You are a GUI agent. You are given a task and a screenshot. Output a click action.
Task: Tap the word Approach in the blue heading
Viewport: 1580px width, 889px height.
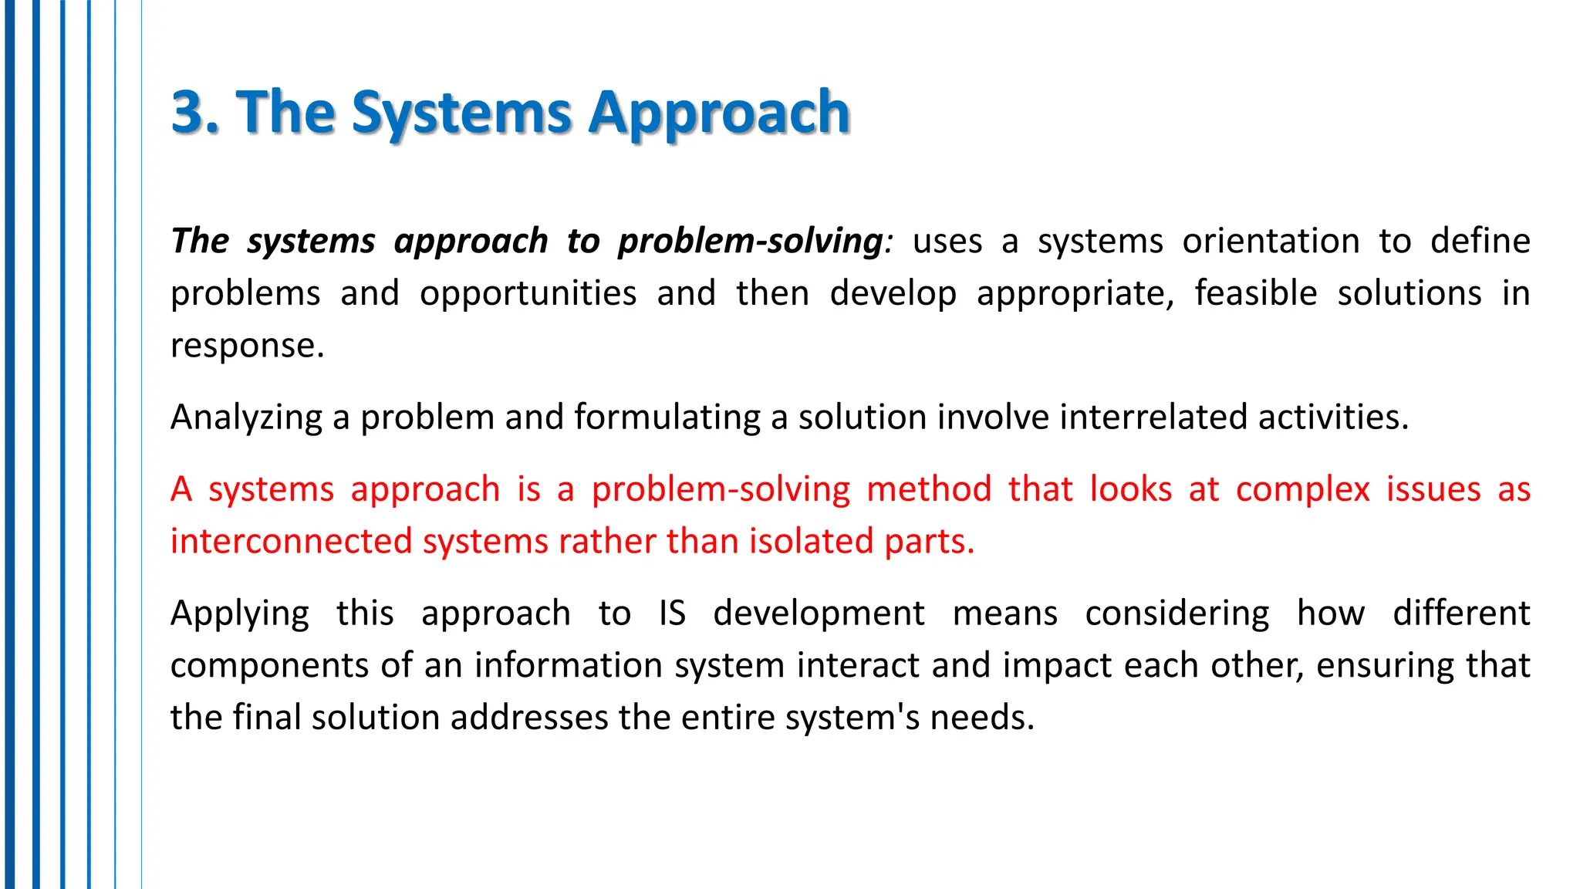(719, 113)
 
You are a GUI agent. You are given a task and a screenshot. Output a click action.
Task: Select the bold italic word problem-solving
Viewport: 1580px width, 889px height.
(750, 241)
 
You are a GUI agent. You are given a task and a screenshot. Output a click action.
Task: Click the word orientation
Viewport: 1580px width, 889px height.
(1271, 241)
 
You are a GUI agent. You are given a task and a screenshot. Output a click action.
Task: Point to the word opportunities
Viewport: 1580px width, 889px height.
(528, 293)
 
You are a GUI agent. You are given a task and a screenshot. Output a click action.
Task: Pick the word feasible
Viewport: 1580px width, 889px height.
(1255, 293)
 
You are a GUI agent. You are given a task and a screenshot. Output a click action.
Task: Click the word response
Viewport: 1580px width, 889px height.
(247, 345)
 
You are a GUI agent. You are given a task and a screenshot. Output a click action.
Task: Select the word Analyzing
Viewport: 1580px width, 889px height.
(246, 417)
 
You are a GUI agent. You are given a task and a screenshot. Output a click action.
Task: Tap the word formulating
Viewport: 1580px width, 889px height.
(667, 417)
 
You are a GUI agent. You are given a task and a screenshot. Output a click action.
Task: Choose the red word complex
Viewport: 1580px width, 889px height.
(1302, 489)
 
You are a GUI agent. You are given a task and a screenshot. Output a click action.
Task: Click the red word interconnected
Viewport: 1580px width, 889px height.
(291, 541)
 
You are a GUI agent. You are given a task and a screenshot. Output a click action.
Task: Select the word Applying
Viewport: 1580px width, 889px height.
(239, 614)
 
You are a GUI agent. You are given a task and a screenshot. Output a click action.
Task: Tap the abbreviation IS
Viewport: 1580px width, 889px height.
(672, 614)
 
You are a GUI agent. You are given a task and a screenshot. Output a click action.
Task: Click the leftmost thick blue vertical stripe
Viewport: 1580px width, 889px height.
(9, 444)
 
